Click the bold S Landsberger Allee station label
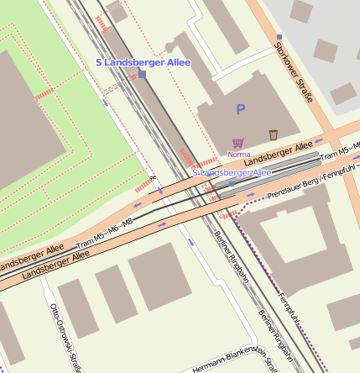coord(143,62)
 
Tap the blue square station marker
coord(142,75)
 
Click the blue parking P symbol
coord(241,109)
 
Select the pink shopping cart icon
coord(237,144)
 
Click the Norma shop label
coord(239,155)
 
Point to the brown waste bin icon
coord(274,135)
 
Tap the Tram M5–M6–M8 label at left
coord(105,231)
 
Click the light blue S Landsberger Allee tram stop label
coord(232,172)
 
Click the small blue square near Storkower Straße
coord(279,37)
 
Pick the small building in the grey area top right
coord(325,50)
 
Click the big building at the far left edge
coord(25,118)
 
